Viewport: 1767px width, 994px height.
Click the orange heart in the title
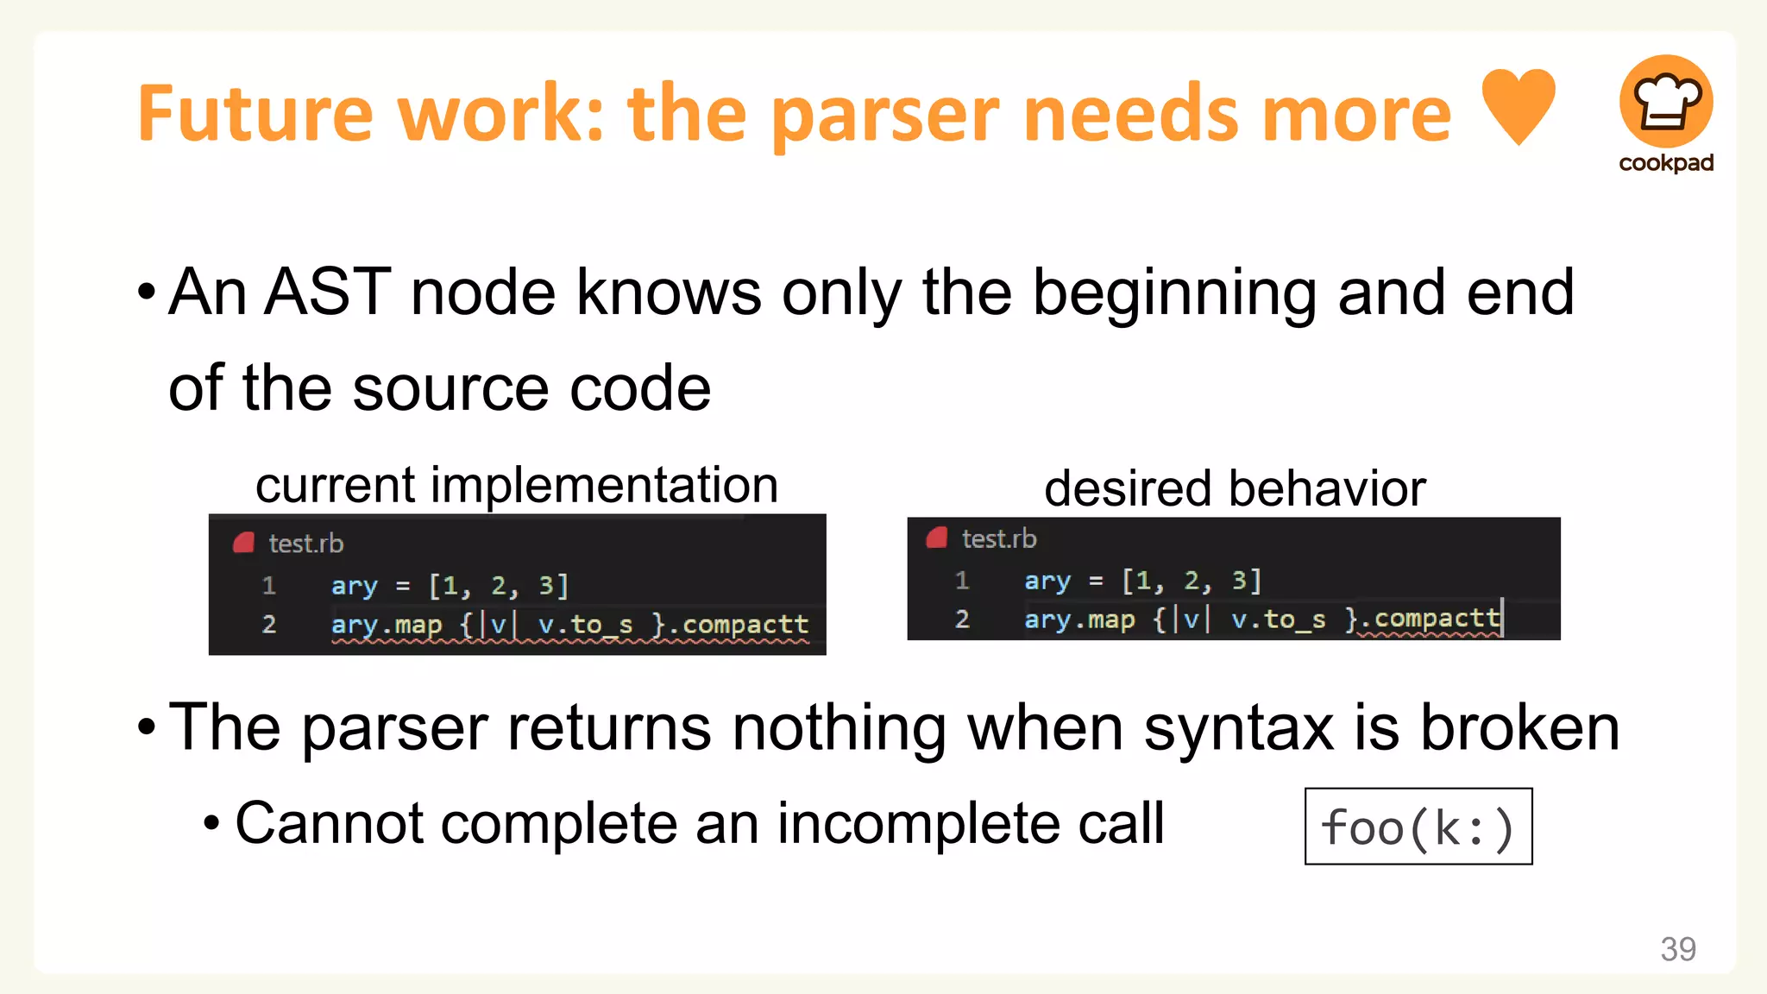point(1518,105)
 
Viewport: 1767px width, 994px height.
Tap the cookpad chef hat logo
point(1665,102)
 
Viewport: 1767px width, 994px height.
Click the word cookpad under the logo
point(1665,163)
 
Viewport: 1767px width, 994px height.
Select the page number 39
point(1677,949)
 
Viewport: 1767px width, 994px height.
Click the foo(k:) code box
point(1418,827)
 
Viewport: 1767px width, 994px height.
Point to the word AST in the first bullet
point(328,293)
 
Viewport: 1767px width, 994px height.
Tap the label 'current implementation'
point(516,485)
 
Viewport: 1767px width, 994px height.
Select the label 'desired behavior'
point(1234,488)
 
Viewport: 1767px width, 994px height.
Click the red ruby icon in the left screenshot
point(244,543)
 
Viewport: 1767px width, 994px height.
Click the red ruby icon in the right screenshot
point(937,538)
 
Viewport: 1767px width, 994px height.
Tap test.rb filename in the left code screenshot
point(305,544)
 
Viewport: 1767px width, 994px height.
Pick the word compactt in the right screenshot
point(1437,619)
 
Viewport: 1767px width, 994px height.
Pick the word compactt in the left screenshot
point(745,624)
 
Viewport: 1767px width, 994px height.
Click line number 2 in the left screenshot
point(269,624)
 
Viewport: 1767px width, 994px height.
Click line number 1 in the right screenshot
point(962,581)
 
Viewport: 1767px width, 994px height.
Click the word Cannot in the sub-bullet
point(328,823)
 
